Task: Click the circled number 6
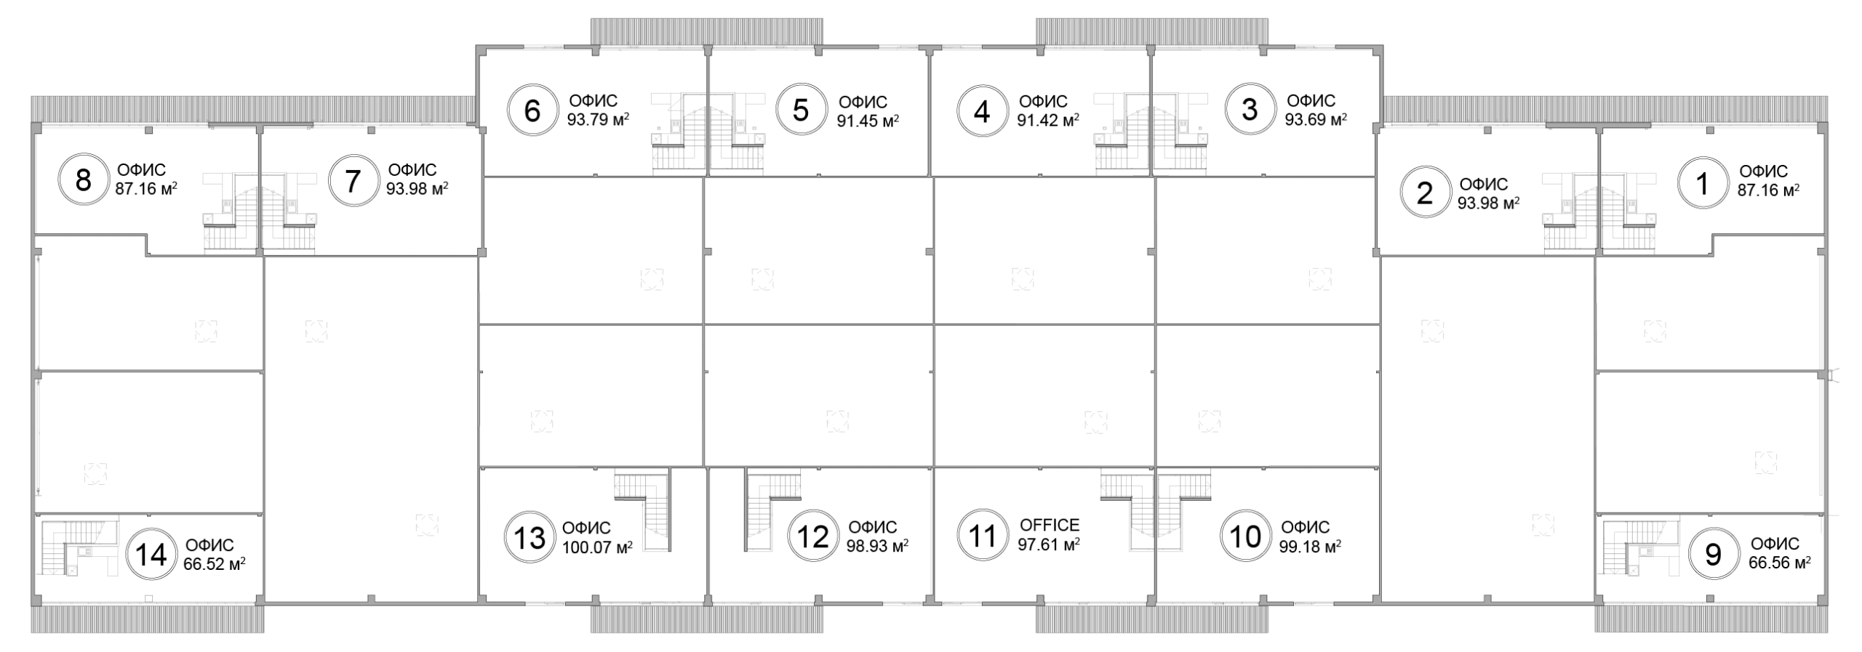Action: [x=532, y=111]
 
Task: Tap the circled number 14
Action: [x=151, y=555]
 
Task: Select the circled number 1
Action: [x=1701, y=184]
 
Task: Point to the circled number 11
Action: [x=982, y=537]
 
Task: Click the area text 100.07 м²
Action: [x=596, y=547]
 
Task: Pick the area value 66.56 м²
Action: [x=1779, y=563]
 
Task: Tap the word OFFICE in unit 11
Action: [x=1049, y=525]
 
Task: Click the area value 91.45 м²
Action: [x=867, y=121]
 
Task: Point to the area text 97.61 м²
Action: [x=1048, y=544]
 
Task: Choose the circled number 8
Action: [x=83, y=180]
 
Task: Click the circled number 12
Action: [x=812, y=537]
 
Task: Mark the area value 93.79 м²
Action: [x=598, y=120]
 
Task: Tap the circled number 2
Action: [x=1424, y=193]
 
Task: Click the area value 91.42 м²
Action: [x=1047, y=120]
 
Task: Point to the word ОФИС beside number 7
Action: [x=412, y=170]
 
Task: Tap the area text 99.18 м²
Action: [x=1310, y=546]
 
